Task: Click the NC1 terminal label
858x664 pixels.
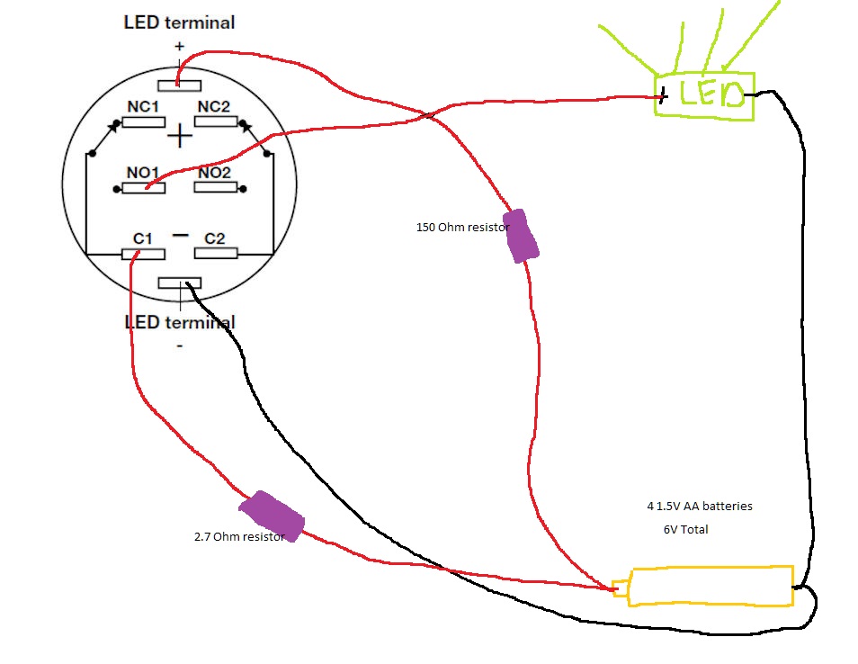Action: [x=143, y=107]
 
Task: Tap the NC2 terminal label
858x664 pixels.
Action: [x=214, y=107]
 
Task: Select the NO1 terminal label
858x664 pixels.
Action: [x=143, y=173]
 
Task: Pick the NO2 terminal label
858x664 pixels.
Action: [x=215, y=173]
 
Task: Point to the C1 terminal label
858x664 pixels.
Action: [x=142, y=238]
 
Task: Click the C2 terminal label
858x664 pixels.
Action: [x=215, y=238]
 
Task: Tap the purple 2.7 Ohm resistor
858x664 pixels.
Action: [x=275, y=516]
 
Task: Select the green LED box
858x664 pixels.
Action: [x=704, y=94]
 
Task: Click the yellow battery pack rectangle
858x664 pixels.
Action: [x=711, y=586]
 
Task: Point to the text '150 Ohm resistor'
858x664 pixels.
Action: [x=461, y=228]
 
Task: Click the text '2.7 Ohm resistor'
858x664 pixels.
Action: [x=238, y=537]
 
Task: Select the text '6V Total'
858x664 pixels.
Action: [x=685, y=530]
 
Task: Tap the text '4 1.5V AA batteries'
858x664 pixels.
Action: [x=700, y=507]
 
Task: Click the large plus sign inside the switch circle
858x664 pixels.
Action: [x=180, y=136]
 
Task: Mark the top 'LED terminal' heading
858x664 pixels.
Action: [x=179, y=22]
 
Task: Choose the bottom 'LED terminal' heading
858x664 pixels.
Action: [x=179, y=322]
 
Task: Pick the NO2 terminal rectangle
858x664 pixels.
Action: [x=216, y=188]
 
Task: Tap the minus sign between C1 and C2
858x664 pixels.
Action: [x=180, y=236]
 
